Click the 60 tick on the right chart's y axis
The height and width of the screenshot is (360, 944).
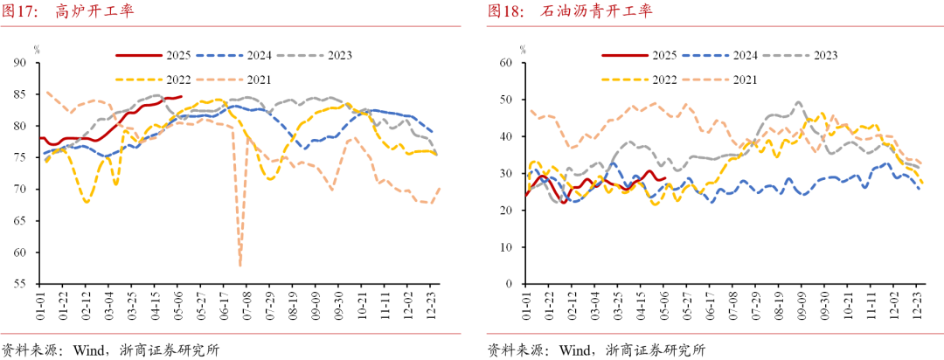pos(504,63)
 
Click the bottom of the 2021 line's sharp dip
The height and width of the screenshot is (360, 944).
pos(239,265)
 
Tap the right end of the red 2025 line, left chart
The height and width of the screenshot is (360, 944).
pos(181,97)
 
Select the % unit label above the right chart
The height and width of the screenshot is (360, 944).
pos(522,49)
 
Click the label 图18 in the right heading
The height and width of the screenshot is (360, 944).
pos(504,11)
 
